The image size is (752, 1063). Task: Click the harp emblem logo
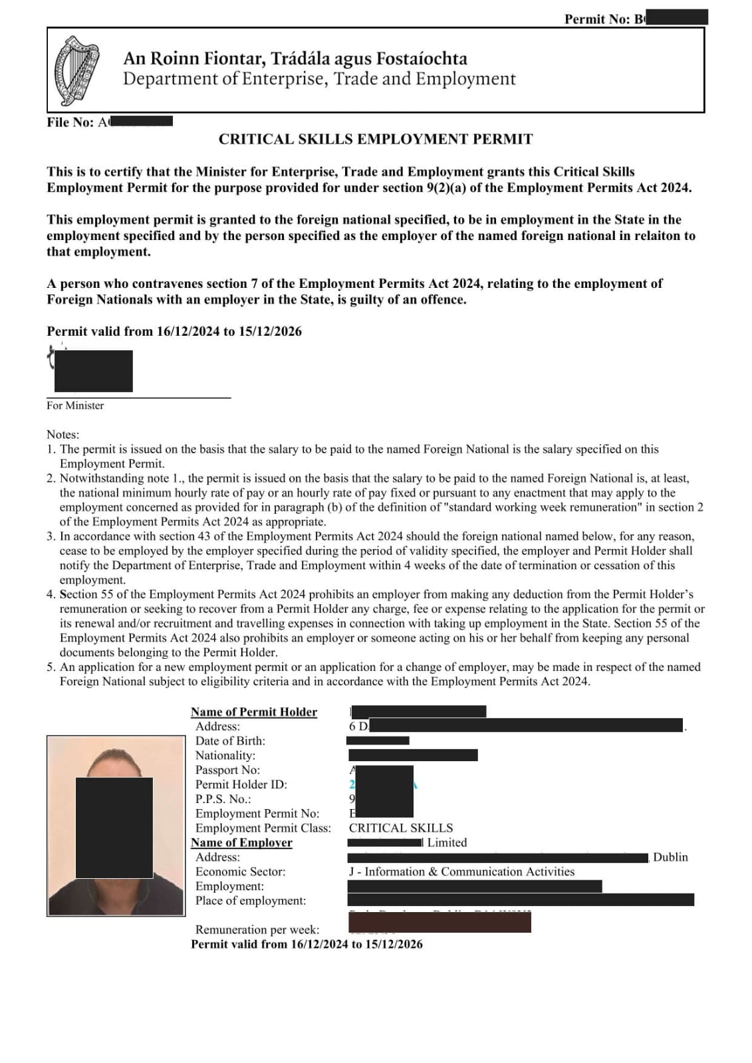click(76, 70)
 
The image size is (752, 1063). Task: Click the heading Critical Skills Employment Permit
click(376, 140)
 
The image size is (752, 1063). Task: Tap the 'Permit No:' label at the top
click(596, 19)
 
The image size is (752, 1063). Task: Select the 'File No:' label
click(70, 122)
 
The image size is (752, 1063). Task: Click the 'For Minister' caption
click(75, 406)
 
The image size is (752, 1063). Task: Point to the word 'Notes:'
click(63, 435)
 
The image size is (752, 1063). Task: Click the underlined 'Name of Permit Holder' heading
click(254, 712)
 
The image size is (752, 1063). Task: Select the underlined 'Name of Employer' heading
click(241, 842)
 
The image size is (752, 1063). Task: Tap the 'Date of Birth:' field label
click(230, 741)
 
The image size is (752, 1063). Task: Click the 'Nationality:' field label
click(225, 755)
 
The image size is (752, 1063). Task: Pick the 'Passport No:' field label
click(227, 770)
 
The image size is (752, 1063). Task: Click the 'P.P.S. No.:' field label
click(223, 799)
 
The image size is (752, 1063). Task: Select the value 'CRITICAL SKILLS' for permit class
click(401, 828)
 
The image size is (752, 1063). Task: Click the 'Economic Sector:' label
click(240, 872)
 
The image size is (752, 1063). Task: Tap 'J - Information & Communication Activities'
click(461, 872)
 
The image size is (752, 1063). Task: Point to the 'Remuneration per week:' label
click(257, 930)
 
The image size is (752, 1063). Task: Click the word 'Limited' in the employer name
click(447, 842)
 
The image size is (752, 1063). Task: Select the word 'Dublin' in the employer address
click(670, 857)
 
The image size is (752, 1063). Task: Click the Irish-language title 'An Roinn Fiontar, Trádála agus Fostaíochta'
click(295, 59)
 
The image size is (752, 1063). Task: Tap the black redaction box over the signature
click(93, 371)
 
